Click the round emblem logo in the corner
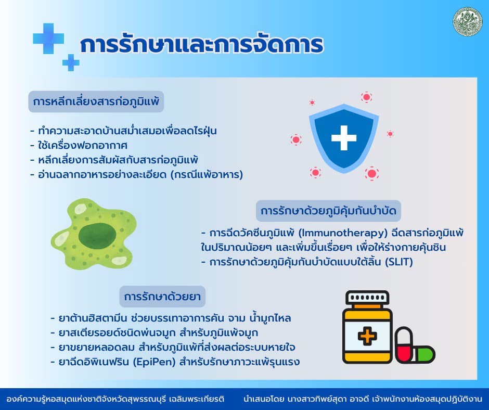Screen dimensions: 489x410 point(467,21)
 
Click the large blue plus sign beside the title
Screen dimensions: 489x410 point(48,39)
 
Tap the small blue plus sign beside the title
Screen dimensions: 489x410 point(71,62)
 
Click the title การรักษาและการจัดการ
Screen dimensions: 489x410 point(201,45)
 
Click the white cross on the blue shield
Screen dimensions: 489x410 point(344,138)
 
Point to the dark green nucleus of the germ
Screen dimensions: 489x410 point(97,235)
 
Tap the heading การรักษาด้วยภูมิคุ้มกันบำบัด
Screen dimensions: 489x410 point(328,211)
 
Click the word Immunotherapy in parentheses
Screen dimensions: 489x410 point(343,233)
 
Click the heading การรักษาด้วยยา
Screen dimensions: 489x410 point(162,297)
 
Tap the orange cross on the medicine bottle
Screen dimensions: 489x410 point(367,336)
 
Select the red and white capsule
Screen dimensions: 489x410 point(404,344)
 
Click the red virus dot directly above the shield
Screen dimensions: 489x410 point(366,97)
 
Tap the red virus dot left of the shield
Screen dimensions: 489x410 point(295,139)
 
